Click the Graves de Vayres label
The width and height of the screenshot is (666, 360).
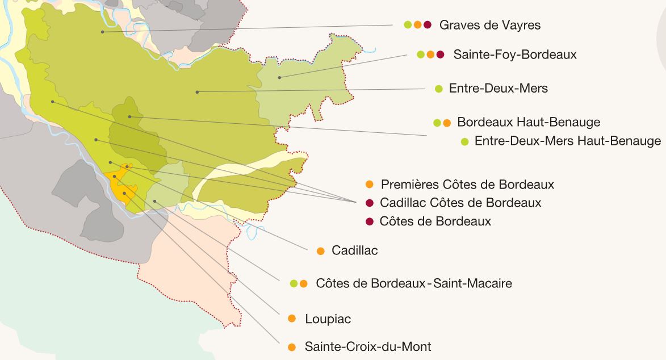[x=489, y=25]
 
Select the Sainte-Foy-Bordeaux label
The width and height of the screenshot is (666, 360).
[x=514, y=55]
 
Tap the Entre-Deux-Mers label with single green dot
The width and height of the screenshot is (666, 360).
[x=498, y=89]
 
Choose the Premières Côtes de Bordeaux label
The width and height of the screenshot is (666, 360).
[x=467, y=185]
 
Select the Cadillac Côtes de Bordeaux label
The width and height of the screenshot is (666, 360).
[x=460, y=203]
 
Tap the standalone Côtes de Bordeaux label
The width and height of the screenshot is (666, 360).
[x=435, y=221]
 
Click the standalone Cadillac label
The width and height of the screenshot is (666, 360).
[x=354, y=250]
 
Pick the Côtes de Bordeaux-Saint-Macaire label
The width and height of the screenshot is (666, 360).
[x=413, y=283]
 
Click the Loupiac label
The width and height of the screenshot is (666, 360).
[x=328, y=319]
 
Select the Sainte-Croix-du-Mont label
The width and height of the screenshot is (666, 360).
[x=367, y=346]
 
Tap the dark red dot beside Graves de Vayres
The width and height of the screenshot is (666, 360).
[x=428, y=25]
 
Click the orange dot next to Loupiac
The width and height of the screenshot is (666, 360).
[x=292, y=319]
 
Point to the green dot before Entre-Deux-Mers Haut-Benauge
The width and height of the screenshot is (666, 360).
[x=464, y=141]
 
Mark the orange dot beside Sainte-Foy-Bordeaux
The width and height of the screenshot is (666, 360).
[x=430, y=55]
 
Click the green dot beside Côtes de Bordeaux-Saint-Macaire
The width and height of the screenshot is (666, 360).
[x=294, y=283]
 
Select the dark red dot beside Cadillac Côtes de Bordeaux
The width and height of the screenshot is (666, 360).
[x=369, y=203]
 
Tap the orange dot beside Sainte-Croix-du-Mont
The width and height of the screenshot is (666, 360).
[x=292, y=346]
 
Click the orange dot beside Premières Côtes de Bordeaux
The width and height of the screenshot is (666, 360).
[x=369, y=185]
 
